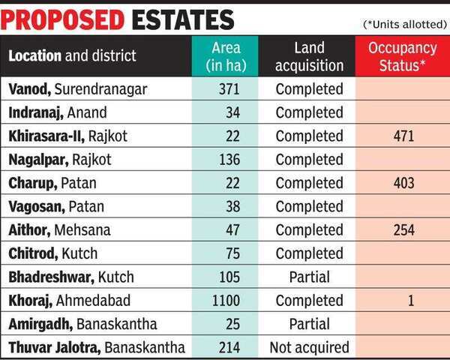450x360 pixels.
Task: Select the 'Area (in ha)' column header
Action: tap(225, 57)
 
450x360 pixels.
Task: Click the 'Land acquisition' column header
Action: tap(310, 57)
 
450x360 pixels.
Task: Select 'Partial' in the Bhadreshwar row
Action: tap(310, 277)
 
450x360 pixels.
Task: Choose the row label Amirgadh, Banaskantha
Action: tap(83, 324)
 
